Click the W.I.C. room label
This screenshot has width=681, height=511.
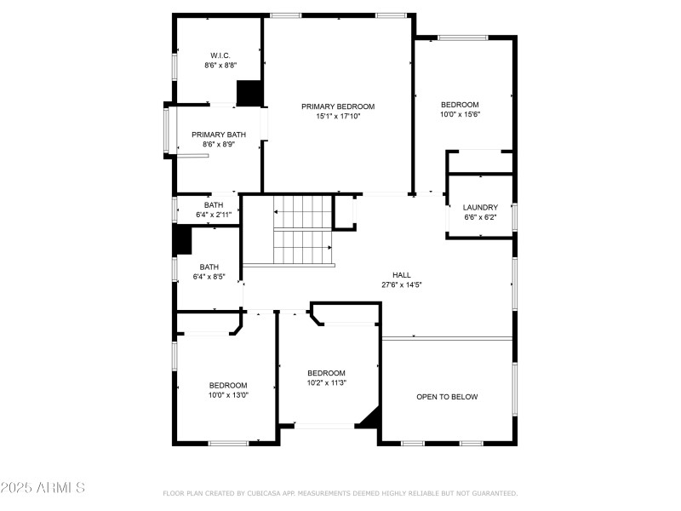coord(220,55)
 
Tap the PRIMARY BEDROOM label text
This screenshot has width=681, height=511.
coord(338,106)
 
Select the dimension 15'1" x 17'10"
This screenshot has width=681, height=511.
coord(338,117)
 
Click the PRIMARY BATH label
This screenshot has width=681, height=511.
coord(219,135)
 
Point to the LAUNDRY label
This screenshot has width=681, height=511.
coord(480,208)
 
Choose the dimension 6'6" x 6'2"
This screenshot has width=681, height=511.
coord(480,217)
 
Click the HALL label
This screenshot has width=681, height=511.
coord(402,275)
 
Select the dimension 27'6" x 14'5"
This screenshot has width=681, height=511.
coord(402,284)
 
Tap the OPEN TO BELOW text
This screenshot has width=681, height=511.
coord(447,397)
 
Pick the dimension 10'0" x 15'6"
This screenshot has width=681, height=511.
coord(460,114)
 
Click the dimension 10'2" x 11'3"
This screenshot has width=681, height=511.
coord(326,382)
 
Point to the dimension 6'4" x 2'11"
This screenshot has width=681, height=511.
coord(213,215)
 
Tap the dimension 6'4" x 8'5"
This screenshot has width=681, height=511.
coord(209,276)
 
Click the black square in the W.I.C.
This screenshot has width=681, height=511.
coord(249,93)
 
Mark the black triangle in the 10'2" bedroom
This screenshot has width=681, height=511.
coord(370,417)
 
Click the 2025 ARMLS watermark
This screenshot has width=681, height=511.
coord(43,488)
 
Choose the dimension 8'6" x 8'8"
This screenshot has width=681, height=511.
coord(220,65)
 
